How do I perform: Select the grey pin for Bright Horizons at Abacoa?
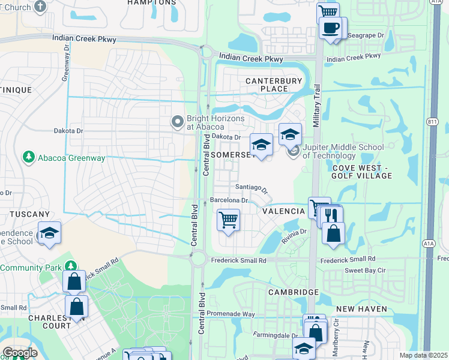177,122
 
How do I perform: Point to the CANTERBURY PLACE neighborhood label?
267,85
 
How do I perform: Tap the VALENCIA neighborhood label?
284,211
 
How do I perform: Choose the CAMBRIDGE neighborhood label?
294,292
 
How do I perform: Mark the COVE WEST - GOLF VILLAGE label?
362,171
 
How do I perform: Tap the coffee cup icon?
331,28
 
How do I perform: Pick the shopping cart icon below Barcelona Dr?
228,220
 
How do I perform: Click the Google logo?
20,353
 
